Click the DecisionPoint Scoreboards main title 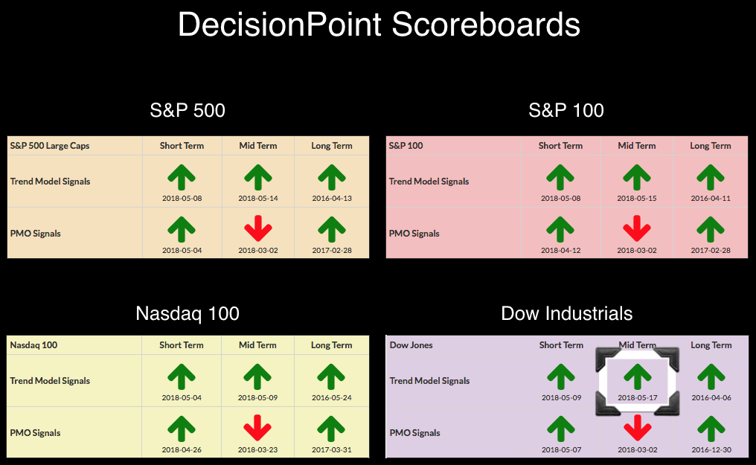point(379,25)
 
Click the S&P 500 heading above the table point(188,110)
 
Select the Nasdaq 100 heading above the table point(188,314)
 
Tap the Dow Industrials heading point(566,314)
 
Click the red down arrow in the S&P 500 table point(258,228)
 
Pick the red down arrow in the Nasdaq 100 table point(257,428)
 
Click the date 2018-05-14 point(258,198)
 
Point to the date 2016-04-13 point(332,198)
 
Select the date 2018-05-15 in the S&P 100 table point(636,198)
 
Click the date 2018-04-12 point(560,250)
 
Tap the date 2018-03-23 point(257,449)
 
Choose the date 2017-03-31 point(331,449)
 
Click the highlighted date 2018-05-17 point(638,397)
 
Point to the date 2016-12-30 point(711,449)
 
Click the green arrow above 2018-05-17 point(638,376)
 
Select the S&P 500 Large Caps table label point(50,146)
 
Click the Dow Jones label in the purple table point(411,345)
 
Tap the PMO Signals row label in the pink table point(414,234)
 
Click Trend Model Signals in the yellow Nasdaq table point(50,381)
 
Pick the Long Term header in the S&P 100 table point(710,146)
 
